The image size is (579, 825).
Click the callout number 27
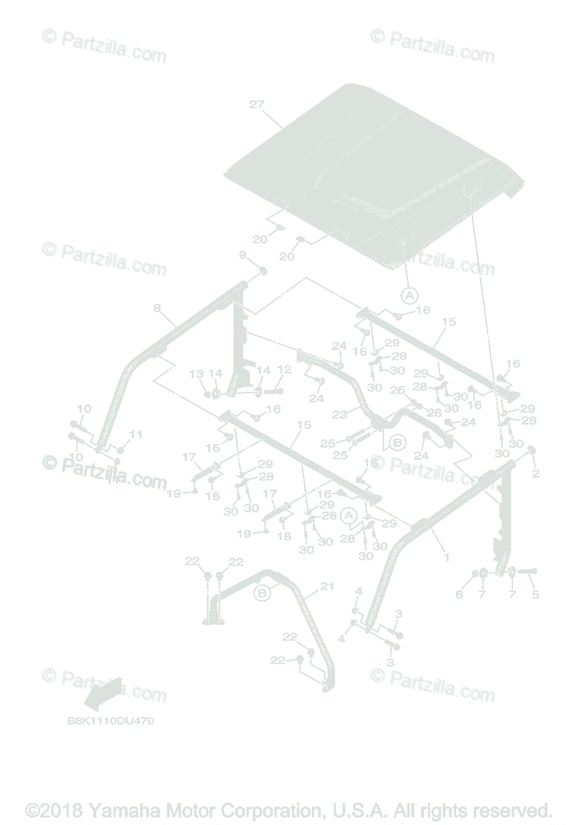256,104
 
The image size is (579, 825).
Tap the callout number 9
242,255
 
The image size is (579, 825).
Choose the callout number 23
339,415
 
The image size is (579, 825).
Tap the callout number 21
327,586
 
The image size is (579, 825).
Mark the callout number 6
459,595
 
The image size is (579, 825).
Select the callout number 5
536,595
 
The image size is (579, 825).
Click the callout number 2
536,474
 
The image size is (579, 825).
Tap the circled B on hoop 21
261,592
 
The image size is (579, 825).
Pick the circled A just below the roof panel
409,295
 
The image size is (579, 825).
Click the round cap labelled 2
532,451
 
